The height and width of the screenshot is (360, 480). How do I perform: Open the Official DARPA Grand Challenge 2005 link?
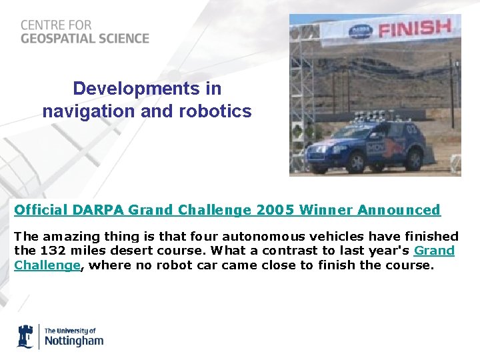pos(227,210)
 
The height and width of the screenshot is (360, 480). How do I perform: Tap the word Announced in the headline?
pos(399,210)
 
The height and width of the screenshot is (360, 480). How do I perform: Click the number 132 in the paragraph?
pos(53,251)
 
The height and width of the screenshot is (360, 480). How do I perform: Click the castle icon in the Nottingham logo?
pos(25,336)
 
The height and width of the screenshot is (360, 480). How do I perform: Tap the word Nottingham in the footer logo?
pos(74,341)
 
